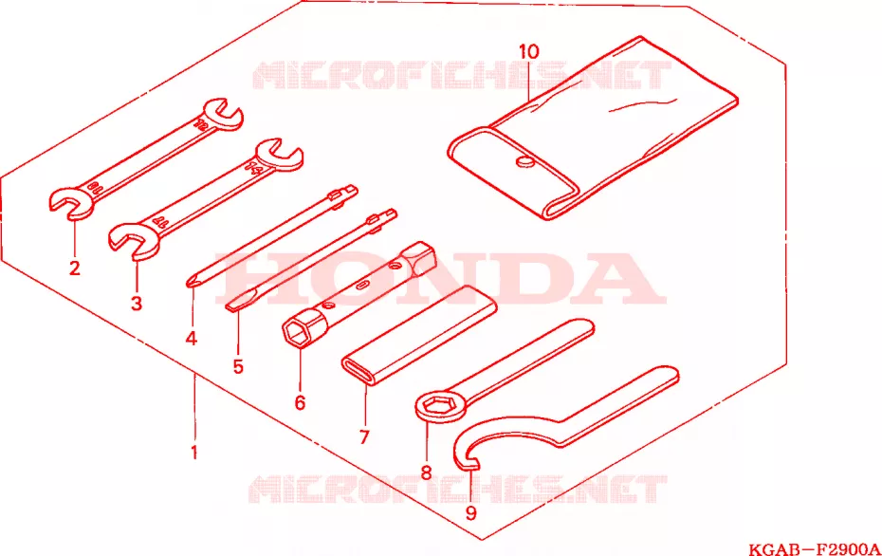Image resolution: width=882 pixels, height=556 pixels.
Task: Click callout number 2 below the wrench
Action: pyautogui.click(x=74, y=268)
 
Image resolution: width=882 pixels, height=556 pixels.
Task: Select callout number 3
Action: pyautogui.click(x=137, y=304)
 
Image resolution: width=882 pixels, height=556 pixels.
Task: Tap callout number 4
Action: pyautogui.click(x=192, y=338)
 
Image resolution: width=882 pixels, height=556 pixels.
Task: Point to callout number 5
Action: pyautogui.click(x=238, y=367)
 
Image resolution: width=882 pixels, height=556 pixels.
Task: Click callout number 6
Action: pyautogui.click(x=300, y=402)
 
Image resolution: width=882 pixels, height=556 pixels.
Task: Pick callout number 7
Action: pyautogui.click(x=364, y=436)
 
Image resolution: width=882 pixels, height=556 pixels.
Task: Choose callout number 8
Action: pyautogui.click(x=426, y=473)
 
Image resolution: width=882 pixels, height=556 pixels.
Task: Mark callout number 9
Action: pyautogui.click(x=470, y=512)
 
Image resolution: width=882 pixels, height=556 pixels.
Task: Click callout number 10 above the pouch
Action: pyautogui.click(x=529, y=52)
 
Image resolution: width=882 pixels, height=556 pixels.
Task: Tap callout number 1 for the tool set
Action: pyautogui.click(x=194, y=452)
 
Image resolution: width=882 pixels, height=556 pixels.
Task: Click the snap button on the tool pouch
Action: pyautogui.click(x=524, y=162)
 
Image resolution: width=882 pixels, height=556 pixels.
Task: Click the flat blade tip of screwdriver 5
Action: pyautogui.click(x=230, y=307)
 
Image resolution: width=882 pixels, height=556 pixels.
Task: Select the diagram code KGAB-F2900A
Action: pyautogui.click(x=814, y=548)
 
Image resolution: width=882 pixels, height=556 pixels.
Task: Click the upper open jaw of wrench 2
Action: pyautogui.click(x=223, y=113)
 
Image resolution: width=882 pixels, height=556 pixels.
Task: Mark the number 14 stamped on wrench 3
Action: pyautogui.click(x=253, y=168)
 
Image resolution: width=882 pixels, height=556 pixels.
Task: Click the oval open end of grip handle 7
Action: pyautogui.click(x=357, y=371)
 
